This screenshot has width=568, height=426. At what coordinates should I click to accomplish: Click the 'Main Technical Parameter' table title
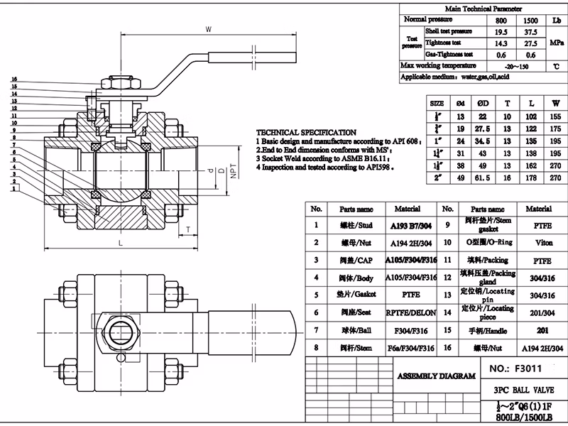(x=479, y=8)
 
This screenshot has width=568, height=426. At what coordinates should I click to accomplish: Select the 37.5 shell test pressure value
(x=530, y=31)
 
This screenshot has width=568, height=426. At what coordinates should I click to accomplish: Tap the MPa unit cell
(x=556, y=43)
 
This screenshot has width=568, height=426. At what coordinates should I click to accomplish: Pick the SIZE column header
(x=437, y=103)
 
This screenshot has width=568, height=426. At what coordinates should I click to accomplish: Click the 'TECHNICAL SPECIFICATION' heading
(x=306, y=133)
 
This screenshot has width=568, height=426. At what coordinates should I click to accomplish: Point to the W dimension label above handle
(x=208, y=30)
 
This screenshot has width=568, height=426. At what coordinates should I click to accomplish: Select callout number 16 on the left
(x=14, y=80)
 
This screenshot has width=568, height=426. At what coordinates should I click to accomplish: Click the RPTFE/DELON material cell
(x=410, y=312)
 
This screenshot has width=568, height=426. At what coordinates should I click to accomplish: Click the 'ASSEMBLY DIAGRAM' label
(x=435, y=376)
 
